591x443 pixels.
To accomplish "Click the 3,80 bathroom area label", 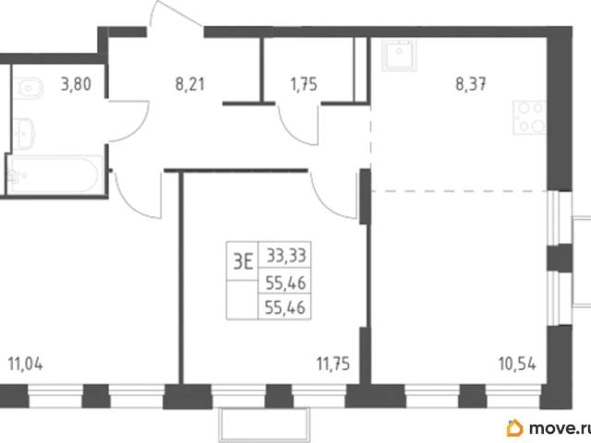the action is [x=76, y=84].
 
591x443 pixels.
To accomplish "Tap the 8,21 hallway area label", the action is [x=190, y=84].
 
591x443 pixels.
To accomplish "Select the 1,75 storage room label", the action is [x=304, y=84].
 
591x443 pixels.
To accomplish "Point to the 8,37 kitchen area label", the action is [x=471, y=84].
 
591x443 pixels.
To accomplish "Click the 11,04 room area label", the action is [x=25, y=365].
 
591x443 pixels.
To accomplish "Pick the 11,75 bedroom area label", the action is [x=333, y=365].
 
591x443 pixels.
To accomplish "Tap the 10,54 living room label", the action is [x=517, y=365].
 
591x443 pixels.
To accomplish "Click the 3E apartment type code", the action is [x=243, y=262].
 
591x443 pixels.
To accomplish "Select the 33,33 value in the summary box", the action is [x=286, y=256].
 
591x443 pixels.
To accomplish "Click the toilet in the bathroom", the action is [x=27, y=89].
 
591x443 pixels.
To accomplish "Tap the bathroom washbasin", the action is [x=24, y=132].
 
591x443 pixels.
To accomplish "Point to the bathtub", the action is [x=54, y=175].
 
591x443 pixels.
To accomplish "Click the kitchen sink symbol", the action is [x=399, y=55].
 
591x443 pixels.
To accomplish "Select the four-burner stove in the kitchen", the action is [x=529, y=117].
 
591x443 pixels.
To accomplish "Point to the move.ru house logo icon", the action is [x=515, y=428].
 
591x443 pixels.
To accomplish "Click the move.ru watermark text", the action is [x=560, y=428].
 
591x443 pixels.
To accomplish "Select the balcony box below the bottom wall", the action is [x=264, y=425].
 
